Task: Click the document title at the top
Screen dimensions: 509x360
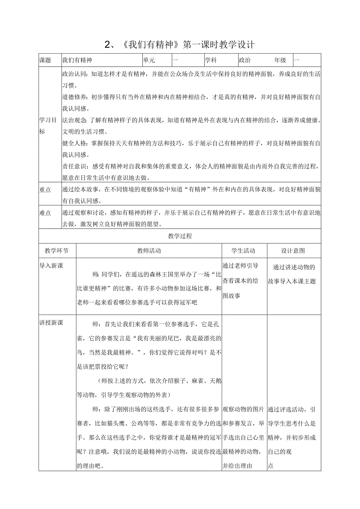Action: click(180, 45)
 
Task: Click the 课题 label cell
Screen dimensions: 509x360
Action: click(45, 60)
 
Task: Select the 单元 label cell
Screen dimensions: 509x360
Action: click(149, 60)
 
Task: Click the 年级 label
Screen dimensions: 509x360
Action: click(280, 60)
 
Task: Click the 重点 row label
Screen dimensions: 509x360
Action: click(45, 190)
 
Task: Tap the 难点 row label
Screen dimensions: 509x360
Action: click(45, 213)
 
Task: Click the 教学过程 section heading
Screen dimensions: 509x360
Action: click(180, 236)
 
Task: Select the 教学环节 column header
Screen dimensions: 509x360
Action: click(57, 251)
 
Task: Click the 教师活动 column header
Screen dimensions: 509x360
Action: click(149, 251)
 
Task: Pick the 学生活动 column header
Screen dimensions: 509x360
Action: click(244, 251)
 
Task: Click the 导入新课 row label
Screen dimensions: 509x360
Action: click(51, 266)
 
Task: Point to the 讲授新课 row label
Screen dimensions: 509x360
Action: click(51, 323)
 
